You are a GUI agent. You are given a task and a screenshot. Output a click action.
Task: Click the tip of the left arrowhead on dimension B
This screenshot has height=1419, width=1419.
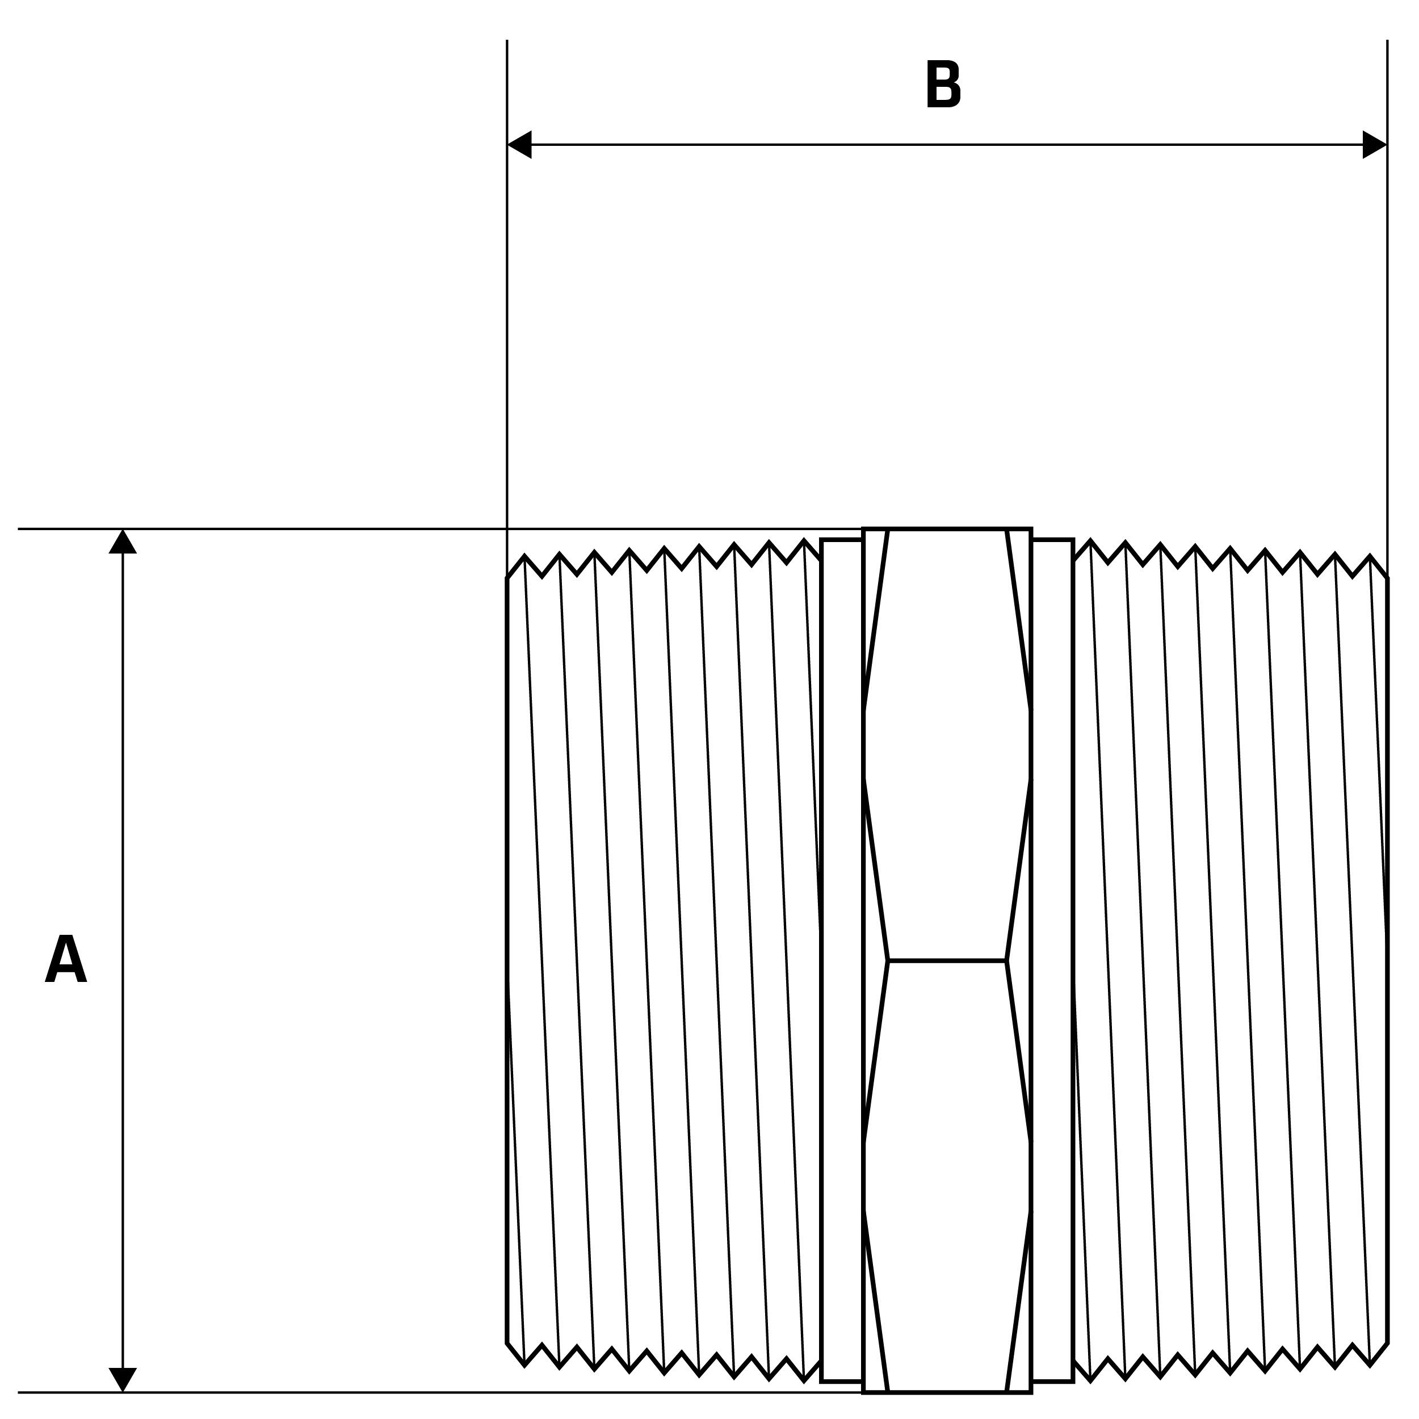pyautogui.click(x=508, y=145)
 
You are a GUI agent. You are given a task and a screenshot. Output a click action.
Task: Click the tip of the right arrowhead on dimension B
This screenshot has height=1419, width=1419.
pyautogui.click(x=1387, y=145)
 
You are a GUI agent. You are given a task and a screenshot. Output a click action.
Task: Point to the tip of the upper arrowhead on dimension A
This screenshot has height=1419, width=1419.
pyautogui.click(x=123, y=530)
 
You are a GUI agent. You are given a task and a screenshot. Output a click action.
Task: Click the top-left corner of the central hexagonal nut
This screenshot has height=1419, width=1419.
pyautogui.click(x=864, y=529)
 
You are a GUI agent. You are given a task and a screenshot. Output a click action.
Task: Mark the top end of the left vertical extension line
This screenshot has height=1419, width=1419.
pyautogui.click(x=507, y=40)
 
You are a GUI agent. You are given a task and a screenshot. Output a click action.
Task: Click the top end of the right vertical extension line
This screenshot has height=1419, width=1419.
pyautogui.click(x=1387, y=40)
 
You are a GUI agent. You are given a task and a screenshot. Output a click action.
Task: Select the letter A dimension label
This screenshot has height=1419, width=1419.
pyautogui.click(x=66, y=958)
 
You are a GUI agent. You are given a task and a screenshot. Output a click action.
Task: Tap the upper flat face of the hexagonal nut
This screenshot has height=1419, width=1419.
pyautogui.click(x=947, y=744)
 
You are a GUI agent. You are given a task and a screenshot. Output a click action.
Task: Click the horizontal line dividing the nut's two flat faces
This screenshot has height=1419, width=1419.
pyautogui.click(x=947, y=960)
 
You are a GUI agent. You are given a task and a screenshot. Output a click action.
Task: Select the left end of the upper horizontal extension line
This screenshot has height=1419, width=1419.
pyautogui.click(x=18, y=529)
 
